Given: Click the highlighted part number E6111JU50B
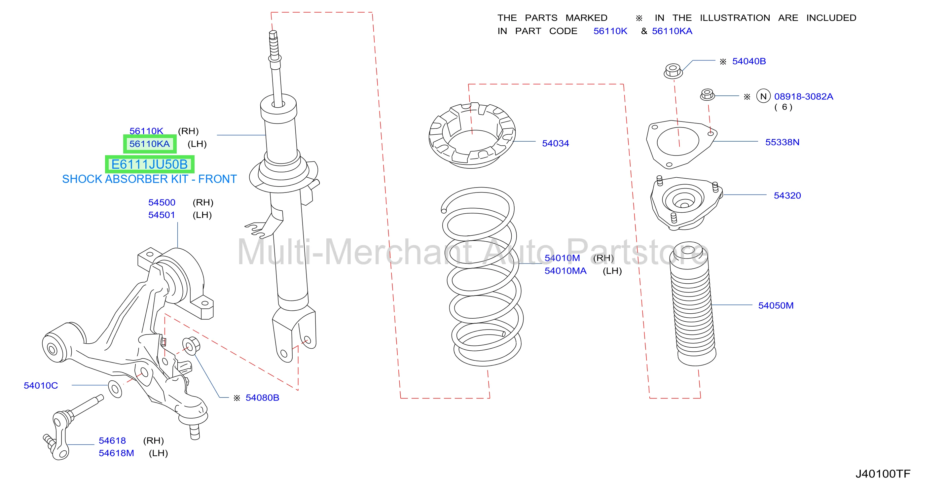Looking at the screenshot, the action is coord(150,164).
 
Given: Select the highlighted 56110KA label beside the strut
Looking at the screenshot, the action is coord(150,144).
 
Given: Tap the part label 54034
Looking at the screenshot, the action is coord(556,143).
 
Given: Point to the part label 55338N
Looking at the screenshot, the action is coord(782,142).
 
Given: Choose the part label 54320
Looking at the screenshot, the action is coord(787,195).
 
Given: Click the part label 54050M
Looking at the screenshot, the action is coord(776,305).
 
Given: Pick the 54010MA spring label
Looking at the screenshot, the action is coord(565,271).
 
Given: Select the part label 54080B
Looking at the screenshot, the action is coord(263,398).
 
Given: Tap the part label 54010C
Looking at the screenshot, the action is coord(41,386).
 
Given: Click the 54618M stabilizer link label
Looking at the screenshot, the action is coord(116,453).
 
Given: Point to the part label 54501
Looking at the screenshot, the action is coord(162,215).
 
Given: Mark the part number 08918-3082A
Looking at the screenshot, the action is coord(804,97).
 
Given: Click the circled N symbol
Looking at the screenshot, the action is coord(763,96).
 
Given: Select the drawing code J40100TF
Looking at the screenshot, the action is coord(883,474).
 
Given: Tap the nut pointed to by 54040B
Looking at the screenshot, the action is coord(673,71).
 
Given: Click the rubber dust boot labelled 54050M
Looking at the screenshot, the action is coord(693,304).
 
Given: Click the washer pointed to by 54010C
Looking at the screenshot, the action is coord(115,389).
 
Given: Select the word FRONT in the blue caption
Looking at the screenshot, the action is coord(218,179).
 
